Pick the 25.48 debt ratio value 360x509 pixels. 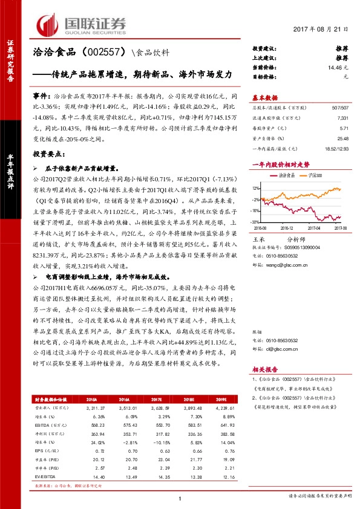(342, 140)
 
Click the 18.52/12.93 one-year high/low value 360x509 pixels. (336, 149)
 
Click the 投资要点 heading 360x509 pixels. (47, 155)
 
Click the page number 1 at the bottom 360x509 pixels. (180, 498)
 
